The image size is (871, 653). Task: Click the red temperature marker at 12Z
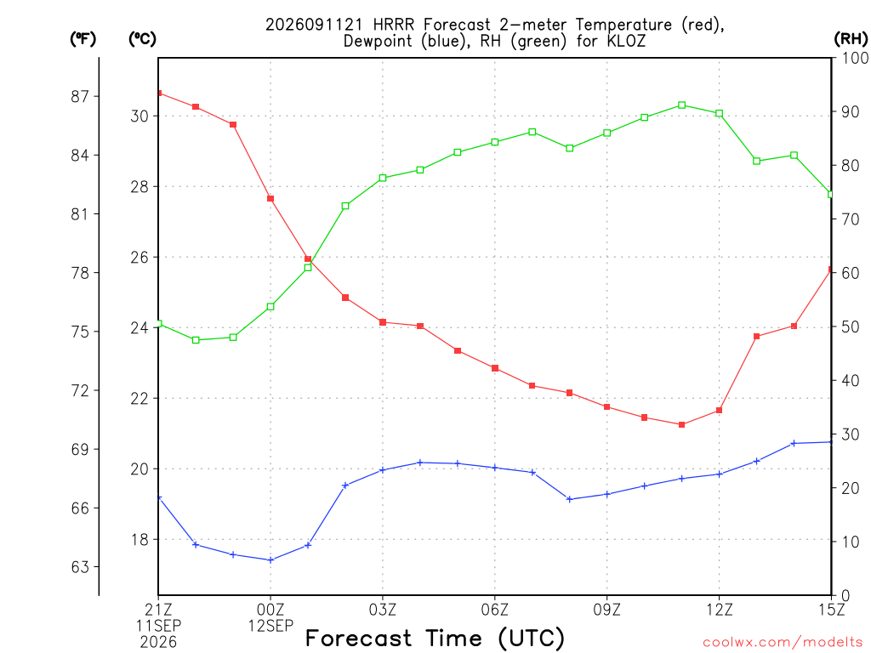pos(719,411)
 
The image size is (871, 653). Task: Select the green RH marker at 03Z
pos(383,179)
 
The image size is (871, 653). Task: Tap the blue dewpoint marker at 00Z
pos(270,560)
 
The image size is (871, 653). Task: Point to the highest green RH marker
pos(681,105)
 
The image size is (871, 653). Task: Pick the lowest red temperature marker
pos(681,425)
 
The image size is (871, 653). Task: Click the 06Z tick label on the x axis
pos(494,610)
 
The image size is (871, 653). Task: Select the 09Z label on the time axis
pos(606,610)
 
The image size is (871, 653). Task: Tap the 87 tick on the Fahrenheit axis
pos(80,97)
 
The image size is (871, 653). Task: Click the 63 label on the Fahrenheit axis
pos(80,567)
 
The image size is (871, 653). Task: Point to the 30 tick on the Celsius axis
pos(139,116)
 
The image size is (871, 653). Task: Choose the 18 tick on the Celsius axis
pos(139,540)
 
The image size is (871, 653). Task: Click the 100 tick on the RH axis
pos(855,58)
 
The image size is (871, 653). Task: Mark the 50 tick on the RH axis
pos(850,326)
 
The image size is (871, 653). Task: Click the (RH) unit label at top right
pos(851,39)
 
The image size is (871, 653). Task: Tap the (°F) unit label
pos(83,39)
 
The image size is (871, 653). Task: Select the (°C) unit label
pos(142,39)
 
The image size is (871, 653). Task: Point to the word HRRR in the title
pos(394,25)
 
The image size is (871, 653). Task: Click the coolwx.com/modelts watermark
pos(783,642)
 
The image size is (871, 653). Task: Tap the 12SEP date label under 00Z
pos(270,626)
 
